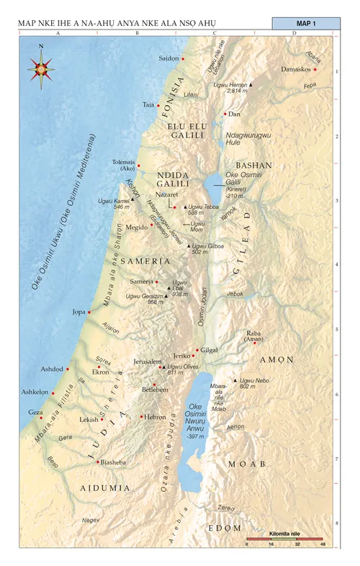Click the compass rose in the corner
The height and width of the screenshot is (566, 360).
pyautogui.click(x=41, y=68)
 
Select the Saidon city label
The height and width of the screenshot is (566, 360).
pyautogui.click(x=168, y=58)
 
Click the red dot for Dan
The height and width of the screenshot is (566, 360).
pyautogui.click(x=225, y=114)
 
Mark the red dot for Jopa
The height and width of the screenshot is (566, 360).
pyautogui.click(x=89, y=313)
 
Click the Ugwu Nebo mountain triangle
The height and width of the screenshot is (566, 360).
pyautogui.click(x=235, y=380)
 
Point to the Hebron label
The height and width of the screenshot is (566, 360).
pyautogui.click(x=156, y=417)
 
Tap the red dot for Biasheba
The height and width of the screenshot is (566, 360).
pyautogui.click(x=97, y=462)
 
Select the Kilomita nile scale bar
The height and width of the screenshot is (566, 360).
pyautogui.click(x=285, y=538)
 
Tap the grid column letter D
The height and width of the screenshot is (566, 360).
pyautogui.click(x=294, y=34)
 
